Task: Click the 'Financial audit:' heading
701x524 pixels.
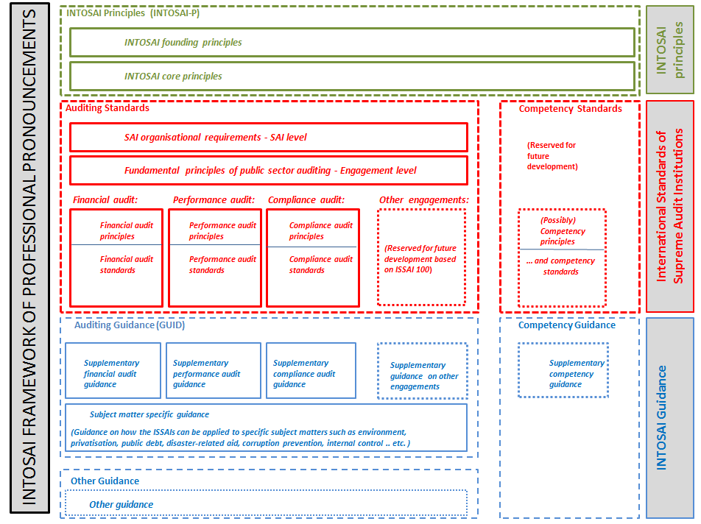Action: [105, 199]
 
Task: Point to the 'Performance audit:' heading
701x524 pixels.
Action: [214, 199]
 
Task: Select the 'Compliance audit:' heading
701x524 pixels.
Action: [306, 199]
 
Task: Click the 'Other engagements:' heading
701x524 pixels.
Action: [424, 199]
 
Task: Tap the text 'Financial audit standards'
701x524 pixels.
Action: [127, 264]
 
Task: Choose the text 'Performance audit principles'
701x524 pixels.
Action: [222, 230]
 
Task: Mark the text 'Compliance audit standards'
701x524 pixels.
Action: [321, 264]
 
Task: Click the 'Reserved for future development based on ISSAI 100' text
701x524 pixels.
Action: [420, 258]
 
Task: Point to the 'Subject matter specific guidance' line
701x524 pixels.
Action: [149, 414]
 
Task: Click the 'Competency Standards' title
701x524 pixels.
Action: [570, 108]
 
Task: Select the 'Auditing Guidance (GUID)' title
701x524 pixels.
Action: [130, 325]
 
